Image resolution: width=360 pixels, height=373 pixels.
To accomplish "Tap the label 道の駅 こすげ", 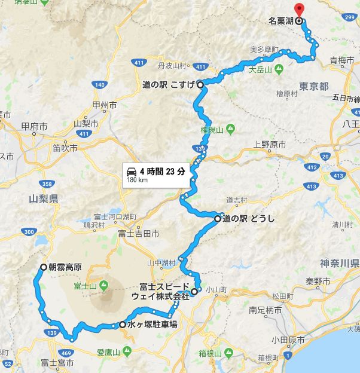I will (169, 85).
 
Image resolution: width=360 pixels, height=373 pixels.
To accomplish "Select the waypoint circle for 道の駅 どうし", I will (218, 219).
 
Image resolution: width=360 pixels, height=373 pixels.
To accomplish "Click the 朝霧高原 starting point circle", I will (43, 267).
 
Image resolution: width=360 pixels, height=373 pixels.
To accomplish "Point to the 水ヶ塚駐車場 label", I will (152, 325).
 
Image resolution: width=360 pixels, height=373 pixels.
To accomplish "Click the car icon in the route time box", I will (132, 170).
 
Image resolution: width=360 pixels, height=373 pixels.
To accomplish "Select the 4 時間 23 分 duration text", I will (162, 170).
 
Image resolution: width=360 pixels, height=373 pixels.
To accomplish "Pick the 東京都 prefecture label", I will (315, 87).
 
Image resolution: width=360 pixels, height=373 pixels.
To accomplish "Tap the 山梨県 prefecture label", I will (43, 198).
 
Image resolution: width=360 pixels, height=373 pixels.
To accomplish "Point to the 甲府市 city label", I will (33, 126).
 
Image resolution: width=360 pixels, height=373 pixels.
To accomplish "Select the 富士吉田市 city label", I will (138, 233).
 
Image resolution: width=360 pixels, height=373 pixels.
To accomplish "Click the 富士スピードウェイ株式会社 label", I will (164, 289).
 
